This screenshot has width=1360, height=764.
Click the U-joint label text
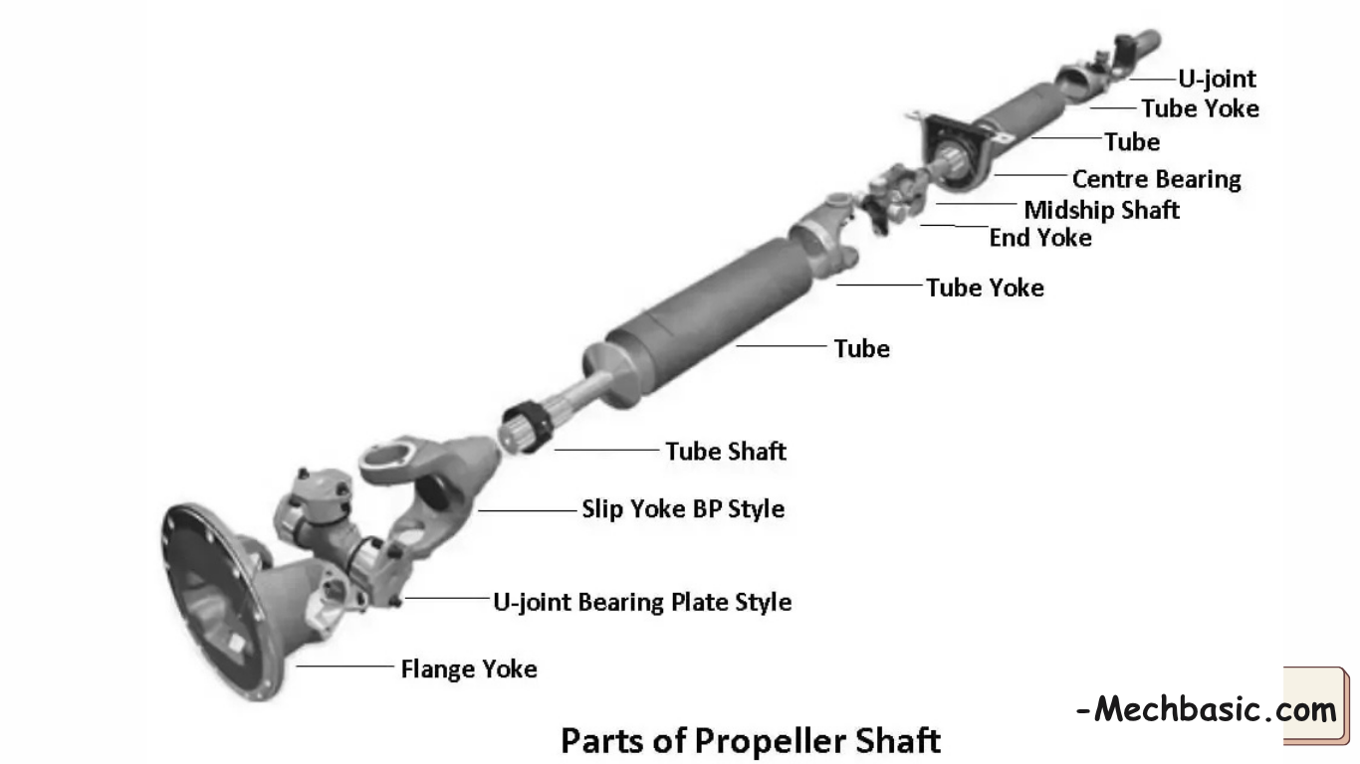click(1217, 79)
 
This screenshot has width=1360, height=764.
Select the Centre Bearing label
click(1156, 179)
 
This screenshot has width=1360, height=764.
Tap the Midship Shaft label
click(1101, 210)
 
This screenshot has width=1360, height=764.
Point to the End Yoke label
click(1039, 238)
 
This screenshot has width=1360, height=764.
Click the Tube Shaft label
click(726, 451)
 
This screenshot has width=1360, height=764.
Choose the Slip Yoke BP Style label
click(683, 508)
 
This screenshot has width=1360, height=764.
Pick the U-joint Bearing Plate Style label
click(642, 602)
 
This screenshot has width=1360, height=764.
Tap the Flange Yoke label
click(468, 668)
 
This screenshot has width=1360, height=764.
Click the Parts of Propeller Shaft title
click(750, 740)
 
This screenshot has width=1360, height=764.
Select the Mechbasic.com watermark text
click(1207, 710)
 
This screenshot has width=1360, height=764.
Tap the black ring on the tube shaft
click(528, 427)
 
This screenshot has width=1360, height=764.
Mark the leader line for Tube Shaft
click(606, 450)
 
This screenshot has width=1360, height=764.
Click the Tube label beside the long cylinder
click(861, 348)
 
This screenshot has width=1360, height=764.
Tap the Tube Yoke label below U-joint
click(1200, 108)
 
